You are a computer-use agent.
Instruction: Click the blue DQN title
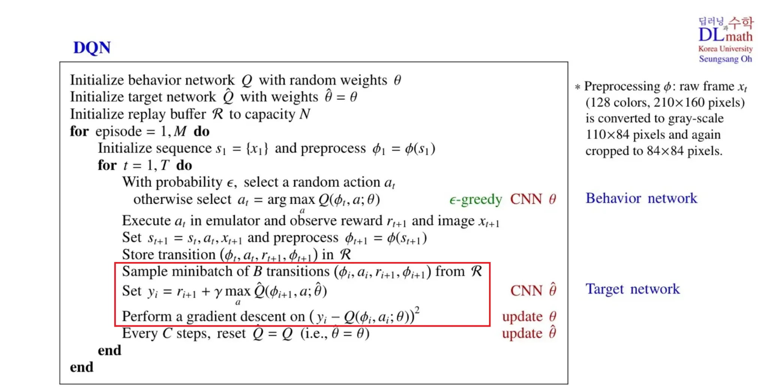pyautogui.click(x=92, y=48)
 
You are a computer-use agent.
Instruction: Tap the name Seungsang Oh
pyautogui.click(x=725, y=59)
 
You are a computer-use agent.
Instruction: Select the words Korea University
pyautogui.click(x=725, y=49)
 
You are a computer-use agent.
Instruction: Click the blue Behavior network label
pyautogui.click(x=641, y=198)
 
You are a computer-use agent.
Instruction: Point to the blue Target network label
pyautogui.click(x=633, y=289)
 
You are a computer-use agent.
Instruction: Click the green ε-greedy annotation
pyautogui.click(x=475, y=199)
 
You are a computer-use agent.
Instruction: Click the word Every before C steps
pyautogui.click(x=139, y=333)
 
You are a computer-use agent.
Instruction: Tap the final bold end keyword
pyautogui.click(x=81, y=367)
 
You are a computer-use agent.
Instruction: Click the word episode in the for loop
pyautogui.click(x=118, y=131)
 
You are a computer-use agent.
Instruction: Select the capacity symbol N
pyautogui.click(x=305, y=114)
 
